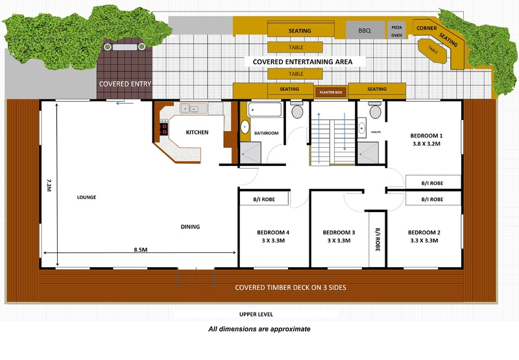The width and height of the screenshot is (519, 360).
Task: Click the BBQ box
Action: [365, 30]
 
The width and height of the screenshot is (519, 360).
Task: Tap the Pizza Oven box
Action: [396, 31]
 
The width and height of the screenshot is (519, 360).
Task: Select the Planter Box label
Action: [331, 92]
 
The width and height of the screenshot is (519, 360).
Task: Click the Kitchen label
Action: [197, 132]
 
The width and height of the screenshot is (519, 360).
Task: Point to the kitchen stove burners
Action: [163, 128]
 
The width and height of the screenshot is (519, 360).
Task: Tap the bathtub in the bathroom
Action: [265, 110]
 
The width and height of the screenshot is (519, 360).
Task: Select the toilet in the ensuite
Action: [375, 110]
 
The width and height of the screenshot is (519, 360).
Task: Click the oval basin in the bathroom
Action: [245, 126]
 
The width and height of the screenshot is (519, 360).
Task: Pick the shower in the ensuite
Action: [368, 152]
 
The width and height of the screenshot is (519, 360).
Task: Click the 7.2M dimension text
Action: [49, 186]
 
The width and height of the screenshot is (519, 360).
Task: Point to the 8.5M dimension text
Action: [141, 250]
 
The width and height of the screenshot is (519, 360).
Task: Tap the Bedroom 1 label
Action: [426, 136]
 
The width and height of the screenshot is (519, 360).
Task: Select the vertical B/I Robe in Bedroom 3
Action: [378, 239]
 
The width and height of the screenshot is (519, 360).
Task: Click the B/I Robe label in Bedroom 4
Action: [264, 199]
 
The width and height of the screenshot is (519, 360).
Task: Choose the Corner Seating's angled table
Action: [433, 51]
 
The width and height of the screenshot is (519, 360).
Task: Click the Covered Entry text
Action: [125, 84]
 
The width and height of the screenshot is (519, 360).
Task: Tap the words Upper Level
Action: [256, 315]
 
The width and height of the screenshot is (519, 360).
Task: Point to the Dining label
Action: [190, 226]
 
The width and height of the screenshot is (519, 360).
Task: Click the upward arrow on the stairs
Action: [319, 138]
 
